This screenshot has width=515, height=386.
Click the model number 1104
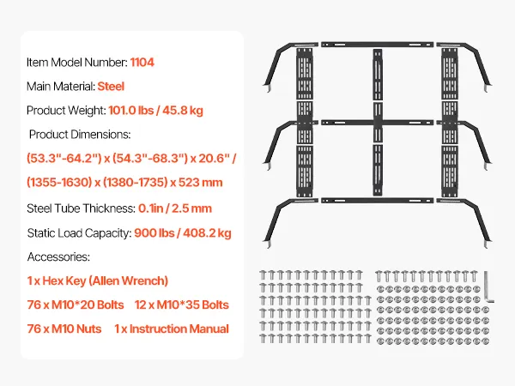142,63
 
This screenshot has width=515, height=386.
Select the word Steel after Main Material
111,87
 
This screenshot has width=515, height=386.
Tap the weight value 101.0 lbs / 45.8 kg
155,111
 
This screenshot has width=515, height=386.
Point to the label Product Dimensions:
80,135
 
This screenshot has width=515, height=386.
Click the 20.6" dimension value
217,158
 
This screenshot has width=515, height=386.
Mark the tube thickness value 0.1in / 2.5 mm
175,208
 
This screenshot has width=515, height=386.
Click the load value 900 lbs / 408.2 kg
183,233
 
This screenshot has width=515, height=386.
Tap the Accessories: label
58,256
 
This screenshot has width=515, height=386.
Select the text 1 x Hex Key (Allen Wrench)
98,280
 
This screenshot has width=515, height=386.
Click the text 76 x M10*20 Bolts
76,305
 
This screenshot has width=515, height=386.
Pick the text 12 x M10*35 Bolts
182,305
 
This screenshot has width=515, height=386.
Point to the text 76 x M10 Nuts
64,329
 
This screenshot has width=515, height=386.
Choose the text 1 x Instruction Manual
172,329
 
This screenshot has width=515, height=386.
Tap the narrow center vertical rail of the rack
378,122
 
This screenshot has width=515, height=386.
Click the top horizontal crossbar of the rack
377,45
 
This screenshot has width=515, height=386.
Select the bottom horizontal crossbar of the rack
377,200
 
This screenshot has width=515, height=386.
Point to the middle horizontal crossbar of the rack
377,123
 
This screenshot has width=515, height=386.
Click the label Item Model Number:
77,63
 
